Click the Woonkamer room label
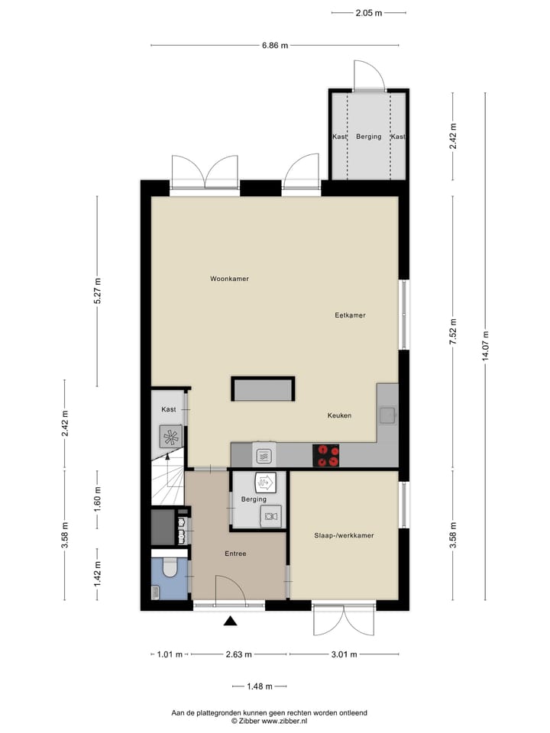(229, 279)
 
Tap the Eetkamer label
(350, 315)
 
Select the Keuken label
(339, 415)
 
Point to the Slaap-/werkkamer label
(344, 536)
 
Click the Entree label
(235, 554)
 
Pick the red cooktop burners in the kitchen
(328, 455)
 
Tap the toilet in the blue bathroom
(170, 568)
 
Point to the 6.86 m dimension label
(275, 46)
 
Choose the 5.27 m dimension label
(97, 292)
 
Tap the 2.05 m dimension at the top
(368, 12)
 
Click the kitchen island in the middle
(264, 389)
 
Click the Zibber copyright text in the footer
(269, 720)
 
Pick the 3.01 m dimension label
(345, 654)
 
